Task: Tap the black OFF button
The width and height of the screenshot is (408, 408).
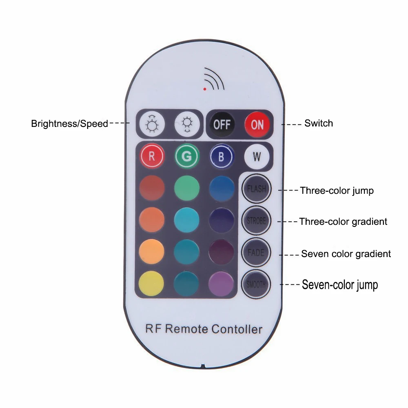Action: click(x=222, y=124)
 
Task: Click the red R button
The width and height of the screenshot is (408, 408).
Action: click(x=152, y=157)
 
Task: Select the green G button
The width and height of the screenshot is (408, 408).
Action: click(x=187, y=157)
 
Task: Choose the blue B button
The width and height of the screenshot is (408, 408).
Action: click(x=222, y=157)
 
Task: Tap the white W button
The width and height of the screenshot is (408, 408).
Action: click(x=257, y=157)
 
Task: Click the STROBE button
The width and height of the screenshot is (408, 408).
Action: click(x=256, y=221)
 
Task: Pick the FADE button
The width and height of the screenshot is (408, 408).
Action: click(x=256, y=252)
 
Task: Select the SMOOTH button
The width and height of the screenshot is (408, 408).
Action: click(x=256, y=284)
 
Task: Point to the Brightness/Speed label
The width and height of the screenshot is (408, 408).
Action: click(x=70, y=124)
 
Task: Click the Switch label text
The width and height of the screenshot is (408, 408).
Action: click(x=319, y=123)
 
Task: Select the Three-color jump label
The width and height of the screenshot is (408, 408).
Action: click(x=337, y=191)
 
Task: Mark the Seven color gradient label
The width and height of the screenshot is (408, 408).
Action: click(x=346, y=254)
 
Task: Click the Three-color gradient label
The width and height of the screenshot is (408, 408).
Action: click(x=343, y=222)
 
